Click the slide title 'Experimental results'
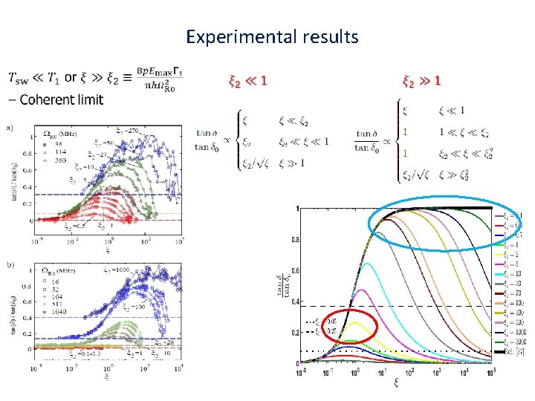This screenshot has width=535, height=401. tap(272, 36)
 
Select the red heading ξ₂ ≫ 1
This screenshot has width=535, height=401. tap(421, 80)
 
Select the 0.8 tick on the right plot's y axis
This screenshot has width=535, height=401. tap(295, 240)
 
